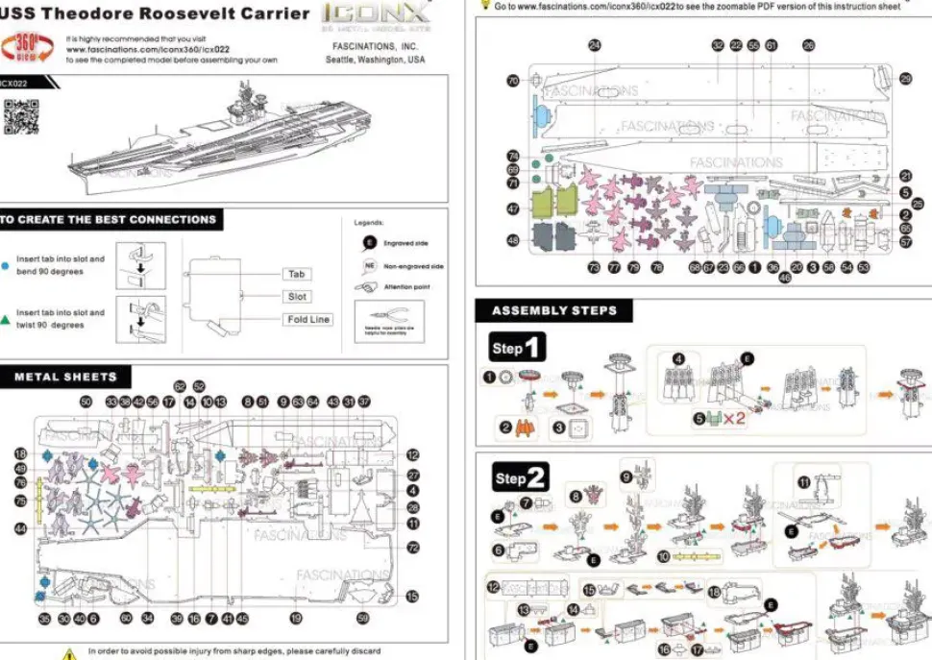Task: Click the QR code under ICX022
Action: point(20,115)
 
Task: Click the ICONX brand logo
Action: point(375,14)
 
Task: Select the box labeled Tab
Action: point(297,275)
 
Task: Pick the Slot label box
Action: point(298,297)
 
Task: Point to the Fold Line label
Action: point(308,319)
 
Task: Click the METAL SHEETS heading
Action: point(65,378)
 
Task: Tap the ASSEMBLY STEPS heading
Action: point(554,311)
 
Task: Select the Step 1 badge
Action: point(517,348)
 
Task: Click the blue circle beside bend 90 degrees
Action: point(7,262)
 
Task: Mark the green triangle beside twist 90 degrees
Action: point(7,317)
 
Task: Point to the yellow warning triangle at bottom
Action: point(69,653)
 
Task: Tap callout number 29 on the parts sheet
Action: point(905,79)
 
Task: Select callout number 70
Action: point(513,81)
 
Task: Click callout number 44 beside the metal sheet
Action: point(20,529)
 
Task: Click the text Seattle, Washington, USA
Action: point(375,60)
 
